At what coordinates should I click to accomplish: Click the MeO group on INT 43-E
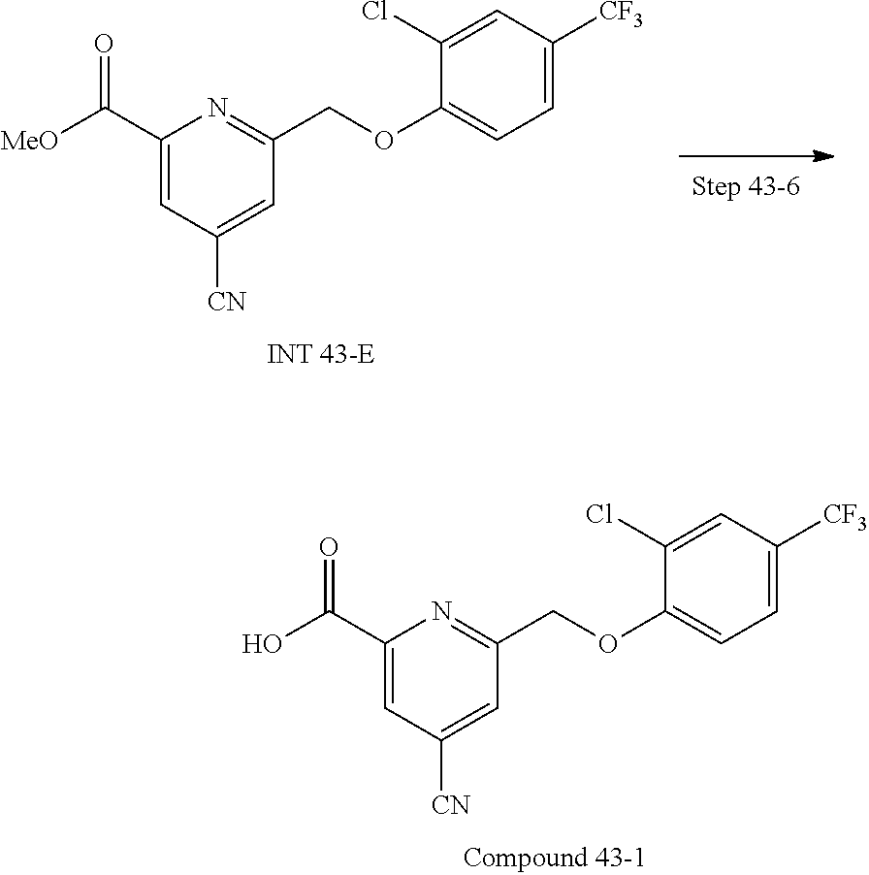tap(28, 142)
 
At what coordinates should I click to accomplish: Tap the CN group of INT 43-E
tap(226, 303)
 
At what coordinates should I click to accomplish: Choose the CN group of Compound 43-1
tap(450, 803)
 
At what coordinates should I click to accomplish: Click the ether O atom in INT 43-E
tap(384, 143)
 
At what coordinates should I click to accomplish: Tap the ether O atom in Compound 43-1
tap(608, 643)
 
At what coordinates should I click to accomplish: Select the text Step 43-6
tap(745, 187)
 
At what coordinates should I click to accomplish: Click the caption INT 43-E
tap(320, 355)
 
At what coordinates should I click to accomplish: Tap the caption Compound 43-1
tap(554, 858)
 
